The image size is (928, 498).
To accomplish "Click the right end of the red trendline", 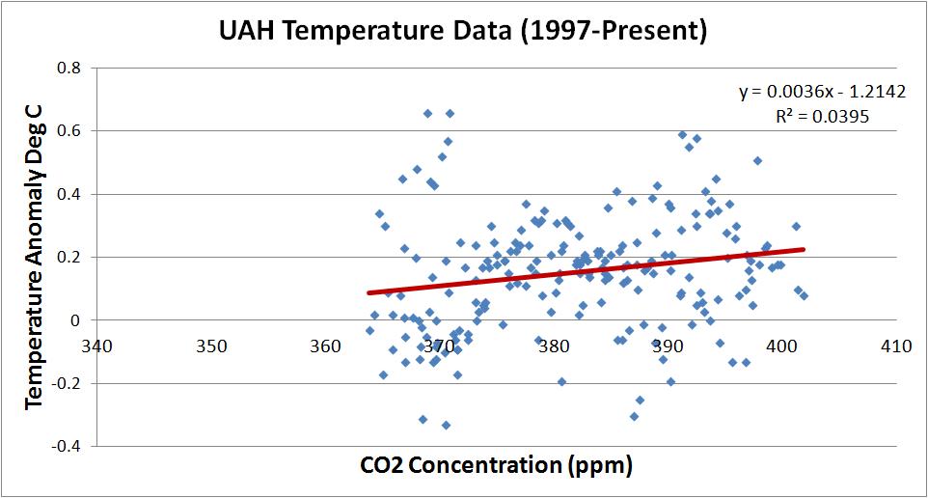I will pos(803,249).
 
